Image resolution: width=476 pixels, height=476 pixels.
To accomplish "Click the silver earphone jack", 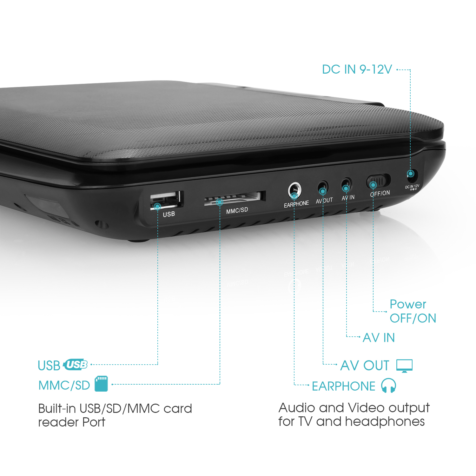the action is (x=294, y=190).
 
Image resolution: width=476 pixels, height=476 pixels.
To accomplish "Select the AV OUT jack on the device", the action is (x=323, y=188).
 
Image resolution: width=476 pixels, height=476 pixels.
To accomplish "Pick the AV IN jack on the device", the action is (x=347, y=185).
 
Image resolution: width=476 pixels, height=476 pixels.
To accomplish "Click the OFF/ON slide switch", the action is (x=379, y=182).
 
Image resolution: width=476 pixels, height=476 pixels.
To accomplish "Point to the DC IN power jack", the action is (x=412, y=174).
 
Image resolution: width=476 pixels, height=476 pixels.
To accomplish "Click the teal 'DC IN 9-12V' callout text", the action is (x=357, y=69).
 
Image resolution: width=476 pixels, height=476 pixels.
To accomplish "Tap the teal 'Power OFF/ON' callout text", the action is (x=413, y=311).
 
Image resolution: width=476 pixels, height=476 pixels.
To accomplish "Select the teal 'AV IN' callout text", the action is (x=379, y=338).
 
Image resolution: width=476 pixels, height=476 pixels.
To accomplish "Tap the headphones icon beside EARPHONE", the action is (x=388, y=386).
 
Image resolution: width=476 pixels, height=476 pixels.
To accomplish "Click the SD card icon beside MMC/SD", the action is (x=101, y=384).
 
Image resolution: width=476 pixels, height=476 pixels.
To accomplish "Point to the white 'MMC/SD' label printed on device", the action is (x=237, y=210).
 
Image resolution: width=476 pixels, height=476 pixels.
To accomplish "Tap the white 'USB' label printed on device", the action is (x=169, y=214).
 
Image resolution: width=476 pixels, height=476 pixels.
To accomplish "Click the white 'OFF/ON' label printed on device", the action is (x=380, y=193).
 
